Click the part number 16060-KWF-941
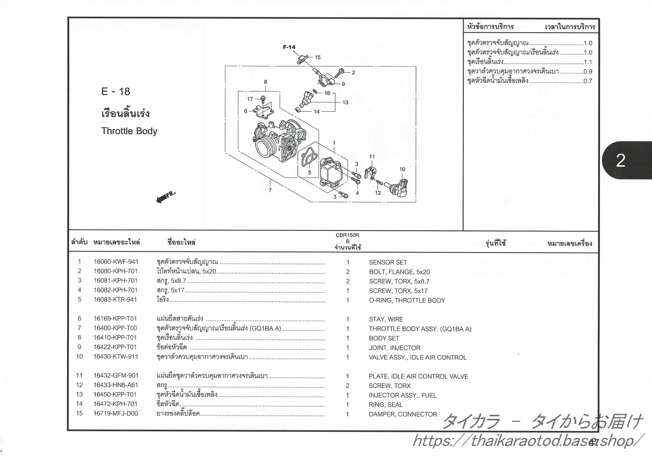116,262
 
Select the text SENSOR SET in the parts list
388,262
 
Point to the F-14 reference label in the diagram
289,47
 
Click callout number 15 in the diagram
317,57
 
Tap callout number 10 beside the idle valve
402,169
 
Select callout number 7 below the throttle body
270,190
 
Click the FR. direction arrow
165,197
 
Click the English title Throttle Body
129,131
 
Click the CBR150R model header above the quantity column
347,235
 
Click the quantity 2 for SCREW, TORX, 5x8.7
348,281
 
